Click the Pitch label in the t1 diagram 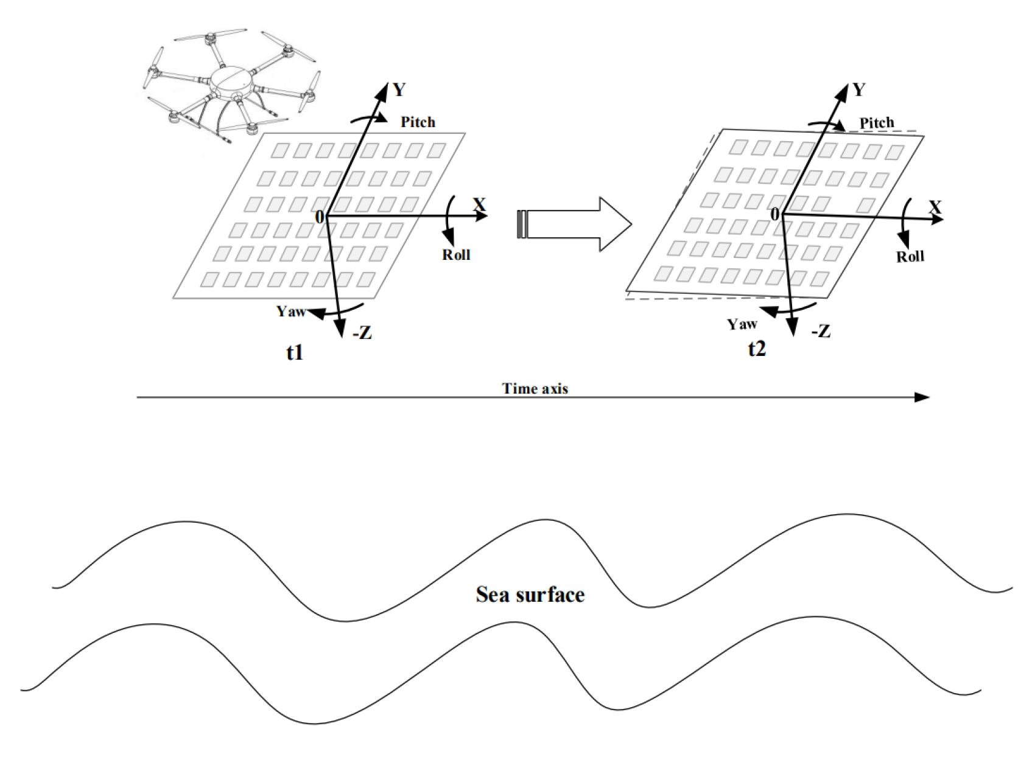click(x=418, y=122)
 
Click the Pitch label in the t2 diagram click(x=877, y=124)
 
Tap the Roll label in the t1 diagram click(x=456, y=254)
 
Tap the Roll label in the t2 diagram click(x=910, y=256)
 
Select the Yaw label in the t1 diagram click(x=290, y=312)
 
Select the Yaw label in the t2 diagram click(x=742, y=324)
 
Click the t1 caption click(x=295, y=352)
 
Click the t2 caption click(x=757, y=349)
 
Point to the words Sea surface click(x=530, y=595)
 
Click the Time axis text click(x=535, y=388)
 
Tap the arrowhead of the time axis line click(x=923, y=397)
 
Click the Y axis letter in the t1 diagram click(x=399, y=90)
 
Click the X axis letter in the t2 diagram click(x=935, y=208)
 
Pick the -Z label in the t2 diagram click(x=820, y=332)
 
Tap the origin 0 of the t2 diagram click(x=774, y=215)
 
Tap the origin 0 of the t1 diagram click(x=319, y=217)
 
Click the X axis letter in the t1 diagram click(x=480, y=204)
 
